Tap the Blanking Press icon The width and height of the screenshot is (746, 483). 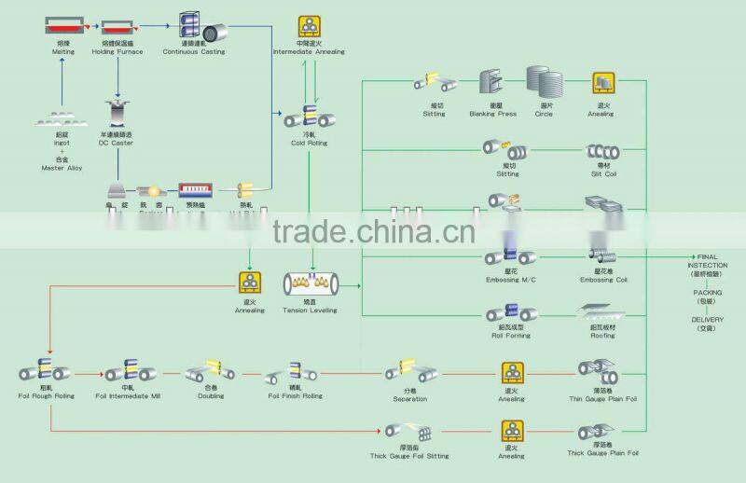[x=492, y=83]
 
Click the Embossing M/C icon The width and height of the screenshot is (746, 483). [x=508, y=255]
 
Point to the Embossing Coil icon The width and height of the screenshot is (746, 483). [x=602, y=255]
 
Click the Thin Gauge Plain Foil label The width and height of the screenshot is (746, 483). [x=602, y=398]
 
